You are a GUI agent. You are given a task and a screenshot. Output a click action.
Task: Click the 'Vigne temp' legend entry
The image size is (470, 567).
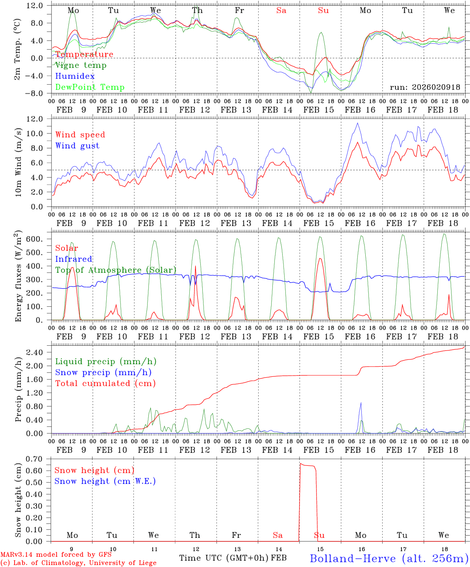[x=81, y=65]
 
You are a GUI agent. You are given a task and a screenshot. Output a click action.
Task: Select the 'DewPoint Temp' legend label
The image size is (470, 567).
[x=90, y=87]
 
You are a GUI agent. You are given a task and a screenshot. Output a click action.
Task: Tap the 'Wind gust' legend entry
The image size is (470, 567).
[x=77, y=146]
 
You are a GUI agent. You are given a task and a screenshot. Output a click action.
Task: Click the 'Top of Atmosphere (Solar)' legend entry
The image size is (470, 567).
[x=115, y=270]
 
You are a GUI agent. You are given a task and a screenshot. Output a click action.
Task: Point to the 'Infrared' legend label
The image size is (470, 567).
[x=74, y=259]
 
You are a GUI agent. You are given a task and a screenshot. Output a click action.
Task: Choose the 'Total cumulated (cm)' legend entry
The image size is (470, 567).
[x=105, y=384]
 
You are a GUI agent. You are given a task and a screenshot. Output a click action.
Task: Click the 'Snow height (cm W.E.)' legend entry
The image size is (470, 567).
[x=105, y=481]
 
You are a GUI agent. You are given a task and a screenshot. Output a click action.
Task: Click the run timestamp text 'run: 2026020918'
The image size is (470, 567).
[x=425, y=87]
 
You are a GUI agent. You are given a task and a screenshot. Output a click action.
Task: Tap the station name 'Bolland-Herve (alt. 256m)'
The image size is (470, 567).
[x=389, y=558]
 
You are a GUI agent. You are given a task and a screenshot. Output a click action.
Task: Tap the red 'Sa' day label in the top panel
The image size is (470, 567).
[x=281, y=11]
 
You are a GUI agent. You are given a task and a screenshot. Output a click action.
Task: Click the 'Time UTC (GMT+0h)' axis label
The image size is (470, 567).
[x=224, y=558]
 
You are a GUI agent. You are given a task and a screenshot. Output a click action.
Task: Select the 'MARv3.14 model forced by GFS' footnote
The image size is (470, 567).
[x=56, y=555]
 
